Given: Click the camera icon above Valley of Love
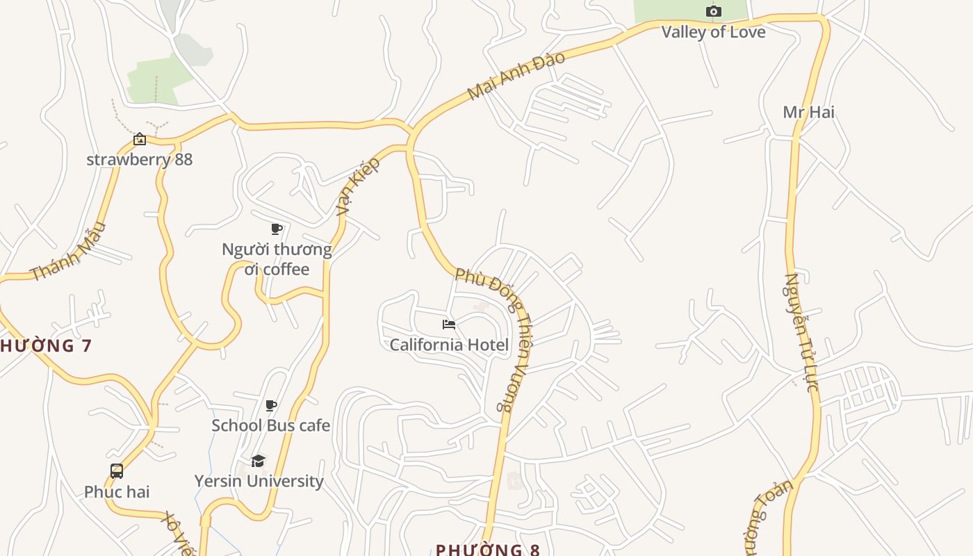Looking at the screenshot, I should (x=713, y=11).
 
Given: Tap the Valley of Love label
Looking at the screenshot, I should (x=713, y=32).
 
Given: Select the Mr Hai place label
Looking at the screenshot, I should (x=808, y=112).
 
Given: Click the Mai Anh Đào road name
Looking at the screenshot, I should (x=516, y=75).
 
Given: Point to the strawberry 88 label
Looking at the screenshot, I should (x=139, y=159).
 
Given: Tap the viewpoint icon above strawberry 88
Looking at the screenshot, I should (x=140, y=139).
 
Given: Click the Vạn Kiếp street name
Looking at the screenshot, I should (x=359, y=186).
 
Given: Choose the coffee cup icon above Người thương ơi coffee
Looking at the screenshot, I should (x=277, y=229).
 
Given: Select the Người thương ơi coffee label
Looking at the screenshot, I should (x=277, y=259).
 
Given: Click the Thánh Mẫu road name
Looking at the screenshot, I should (x=69, y=251).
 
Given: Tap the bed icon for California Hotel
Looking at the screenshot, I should (x=449, y=325).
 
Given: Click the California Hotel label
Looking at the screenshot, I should (x=449, y=345).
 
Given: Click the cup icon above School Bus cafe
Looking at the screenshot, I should (x=271, y=406).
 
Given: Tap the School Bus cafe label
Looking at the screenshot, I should (x=270, y=425).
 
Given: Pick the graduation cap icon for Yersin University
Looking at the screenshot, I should (x=259, y=461).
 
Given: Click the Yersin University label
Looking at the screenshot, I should (x=259, y=481).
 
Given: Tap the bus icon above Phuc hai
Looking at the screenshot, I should (x=117, y=471).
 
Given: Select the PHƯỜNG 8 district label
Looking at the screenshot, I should (x=488, y=549).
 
